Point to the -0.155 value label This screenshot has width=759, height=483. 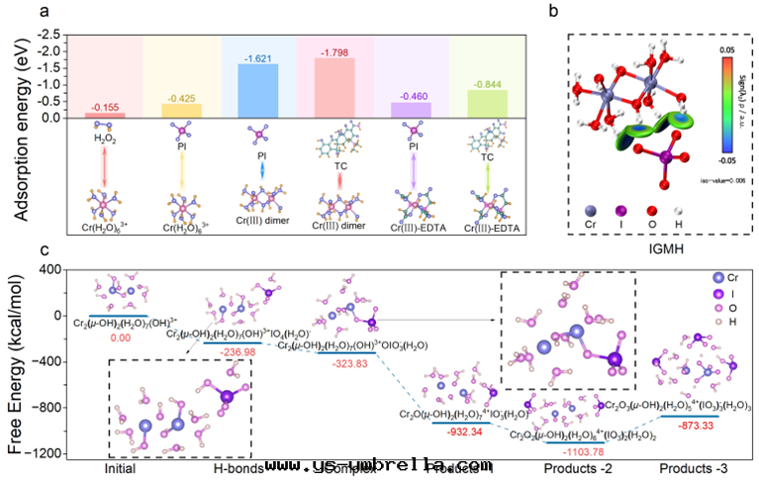(x=106, y=107)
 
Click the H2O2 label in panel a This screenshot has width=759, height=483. (x=105, y=139)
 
